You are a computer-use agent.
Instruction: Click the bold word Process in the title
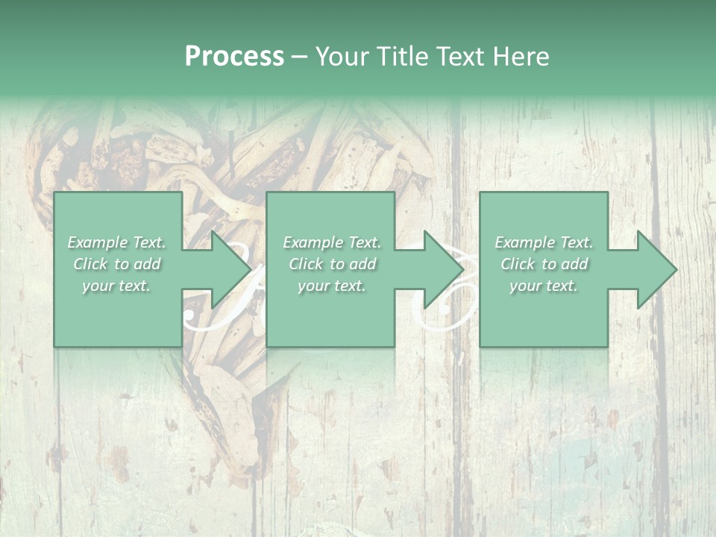(x=234, y=57)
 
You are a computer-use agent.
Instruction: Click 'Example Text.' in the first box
(x=117, y=242)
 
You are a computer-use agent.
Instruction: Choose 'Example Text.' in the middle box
(x=332, y=242)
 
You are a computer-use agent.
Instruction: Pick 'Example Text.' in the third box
(x=544, y=242)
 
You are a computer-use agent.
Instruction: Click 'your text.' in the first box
(x=116, y=286)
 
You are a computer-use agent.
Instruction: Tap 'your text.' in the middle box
(x=332, y=286)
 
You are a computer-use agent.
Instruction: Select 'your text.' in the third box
(x=544, y=286)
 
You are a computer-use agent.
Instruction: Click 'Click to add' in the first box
(x=117, y=264)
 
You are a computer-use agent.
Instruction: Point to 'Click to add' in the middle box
(x=332, y=264)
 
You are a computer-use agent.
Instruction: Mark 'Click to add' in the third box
(x=544, y=264)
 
